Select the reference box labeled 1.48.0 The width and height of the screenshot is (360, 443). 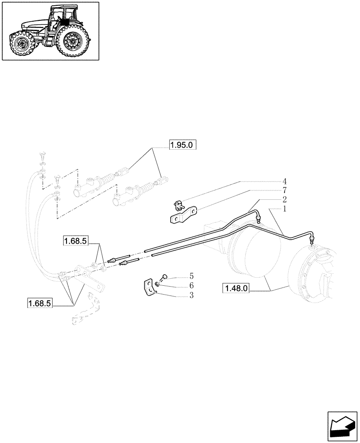coord(237,289)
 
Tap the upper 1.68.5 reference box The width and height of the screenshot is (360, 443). coord(76,241)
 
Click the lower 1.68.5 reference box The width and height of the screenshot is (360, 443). coord(40,303)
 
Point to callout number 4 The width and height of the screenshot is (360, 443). coord(285,181)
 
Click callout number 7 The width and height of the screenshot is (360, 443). coord(285,190)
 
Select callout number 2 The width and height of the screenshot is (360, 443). coord(285,199)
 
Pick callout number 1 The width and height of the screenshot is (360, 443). coord(285,208)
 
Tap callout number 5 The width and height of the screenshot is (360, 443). coord(192,276)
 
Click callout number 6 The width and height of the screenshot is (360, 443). coord(192,285)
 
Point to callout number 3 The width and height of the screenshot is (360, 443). coord(192,295)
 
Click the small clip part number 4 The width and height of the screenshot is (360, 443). coord(178,205)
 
